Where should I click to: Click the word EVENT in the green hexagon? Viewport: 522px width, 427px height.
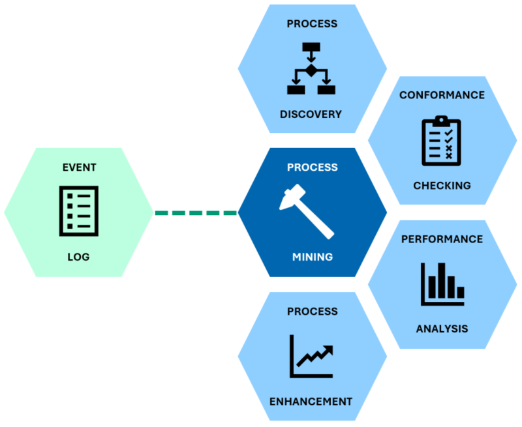tap(79, 168)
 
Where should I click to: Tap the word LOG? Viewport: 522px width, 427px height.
tap(79, 257)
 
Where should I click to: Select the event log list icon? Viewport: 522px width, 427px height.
tap(79, 211)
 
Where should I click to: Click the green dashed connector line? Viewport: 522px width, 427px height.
tap(195, 213)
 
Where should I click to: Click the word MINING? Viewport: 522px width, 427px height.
tap(312, 257)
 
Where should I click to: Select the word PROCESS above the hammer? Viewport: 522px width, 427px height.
tap(312, 168)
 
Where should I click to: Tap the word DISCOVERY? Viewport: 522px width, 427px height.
tap(311, 114)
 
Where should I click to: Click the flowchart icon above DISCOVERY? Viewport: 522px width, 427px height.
tap(311, 68)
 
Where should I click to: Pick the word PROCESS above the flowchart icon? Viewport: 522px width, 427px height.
tap(312, 24)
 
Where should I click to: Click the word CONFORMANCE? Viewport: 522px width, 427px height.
tap(442, 95)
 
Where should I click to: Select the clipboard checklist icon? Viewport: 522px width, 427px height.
tap(440, 140)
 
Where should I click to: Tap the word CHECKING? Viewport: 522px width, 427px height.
tap(442, 186)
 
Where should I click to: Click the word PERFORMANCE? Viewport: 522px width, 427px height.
tap(442, 239)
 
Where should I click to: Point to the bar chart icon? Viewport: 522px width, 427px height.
tap(442, 283)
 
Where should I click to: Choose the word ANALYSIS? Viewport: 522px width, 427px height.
tap(442, 329)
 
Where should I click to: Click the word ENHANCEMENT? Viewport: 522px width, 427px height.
tap(311, 401)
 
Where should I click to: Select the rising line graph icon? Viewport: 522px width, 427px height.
tap(312, 356)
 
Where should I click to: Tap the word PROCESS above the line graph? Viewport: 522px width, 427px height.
tap(312, 312)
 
